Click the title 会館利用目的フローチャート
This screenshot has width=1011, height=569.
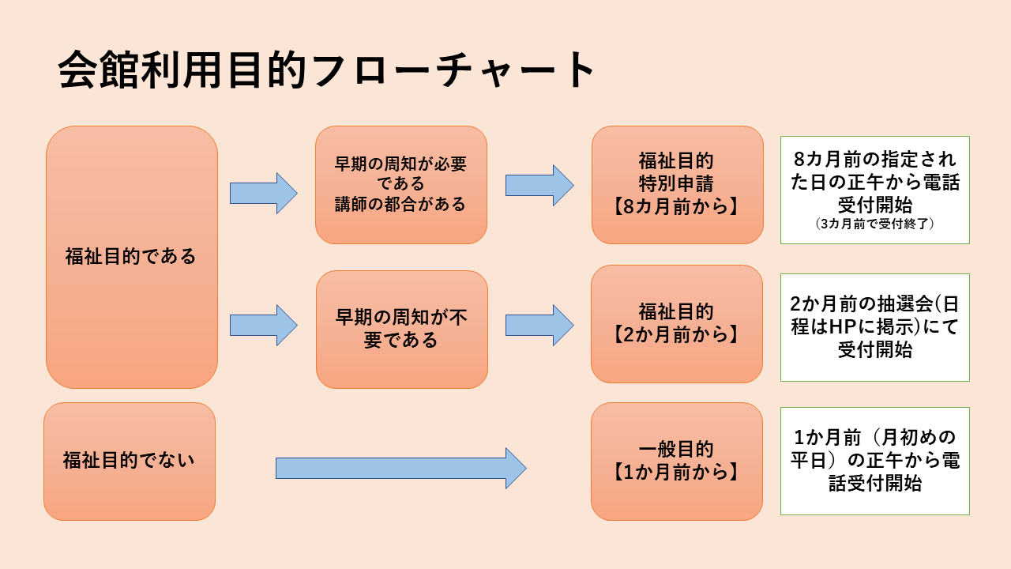tap(327, 71)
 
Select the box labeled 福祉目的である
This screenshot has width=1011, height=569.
tap(131, 257)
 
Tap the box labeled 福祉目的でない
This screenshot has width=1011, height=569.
tap(130, 461)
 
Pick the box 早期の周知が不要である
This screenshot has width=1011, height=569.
tap(401, 329)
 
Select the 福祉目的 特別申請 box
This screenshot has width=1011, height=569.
tap(677, 184)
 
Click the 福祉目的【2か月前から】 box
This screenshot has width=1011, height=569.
tap(677, 323)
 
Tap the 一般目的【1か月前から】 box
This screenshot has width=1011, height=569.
tap(677, 461)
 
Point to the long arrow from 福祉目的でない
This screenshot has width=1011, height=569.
tap(400, 468)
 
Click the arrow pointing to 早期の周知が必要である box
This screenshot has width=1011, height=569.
tap(263, 193)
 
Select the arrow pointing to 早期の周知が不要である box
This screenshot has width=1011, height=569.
tap(263, 325)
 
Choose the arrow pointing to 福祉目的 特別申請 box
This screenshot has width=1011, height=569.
tap(539, 185)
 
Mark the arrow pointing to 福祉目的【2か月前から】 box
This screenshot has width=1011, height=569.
tap(539, 325)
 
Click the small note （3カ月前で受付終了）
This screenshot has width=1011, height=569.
tap(874, 225)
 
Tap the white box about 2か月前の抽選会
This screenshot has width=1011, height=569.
tap(874, 327)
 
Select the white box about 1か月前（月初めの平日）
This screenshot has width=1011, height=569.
tap(874, 461)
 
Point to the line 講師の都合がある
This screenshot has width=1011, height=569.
tap(400, 204)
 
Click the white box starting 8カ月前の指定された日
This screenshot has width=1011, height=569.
tap(874, 190)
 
